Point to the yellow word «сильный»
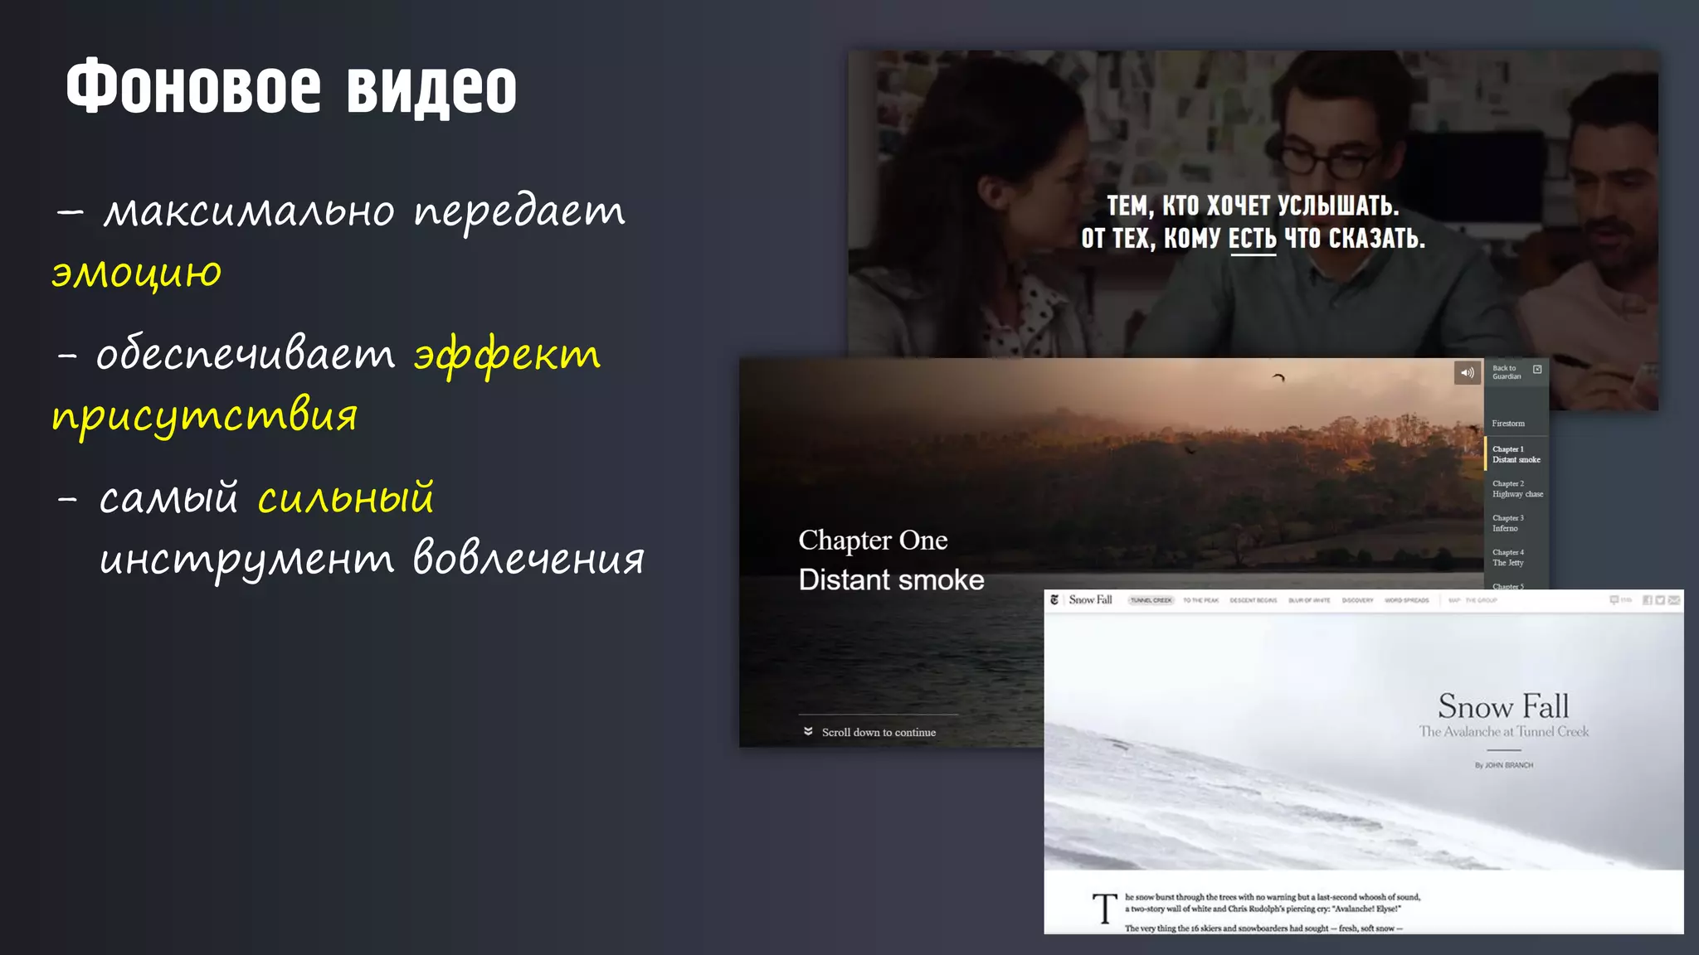click(346, 497)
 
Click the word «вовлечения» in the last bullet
click(528, 558)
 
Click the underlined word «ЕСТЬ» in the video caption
click(1252, 239)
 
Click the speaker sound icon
click(1467, 373)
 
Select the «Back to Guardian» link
click(1507, 372)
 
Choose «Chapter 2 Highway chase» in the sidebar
click(1516, 489)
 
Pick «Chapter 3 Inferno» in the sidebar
click(1507, 523)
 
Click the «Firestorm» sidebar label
click(1507, 424)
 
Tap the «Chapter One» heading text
click(873, 541)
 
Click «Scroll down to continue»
click(878, 733)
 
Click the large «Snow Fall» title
click(1503, 706)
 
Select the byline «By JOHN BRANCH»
click(1503, 765)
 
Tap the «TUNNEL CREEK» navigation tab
click(1151, 600)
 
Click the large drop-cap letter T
click(1104, 909)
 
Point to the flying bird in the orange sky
click(1278, 378)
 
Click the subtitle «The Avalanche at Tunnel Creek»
click(1503, 732)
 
